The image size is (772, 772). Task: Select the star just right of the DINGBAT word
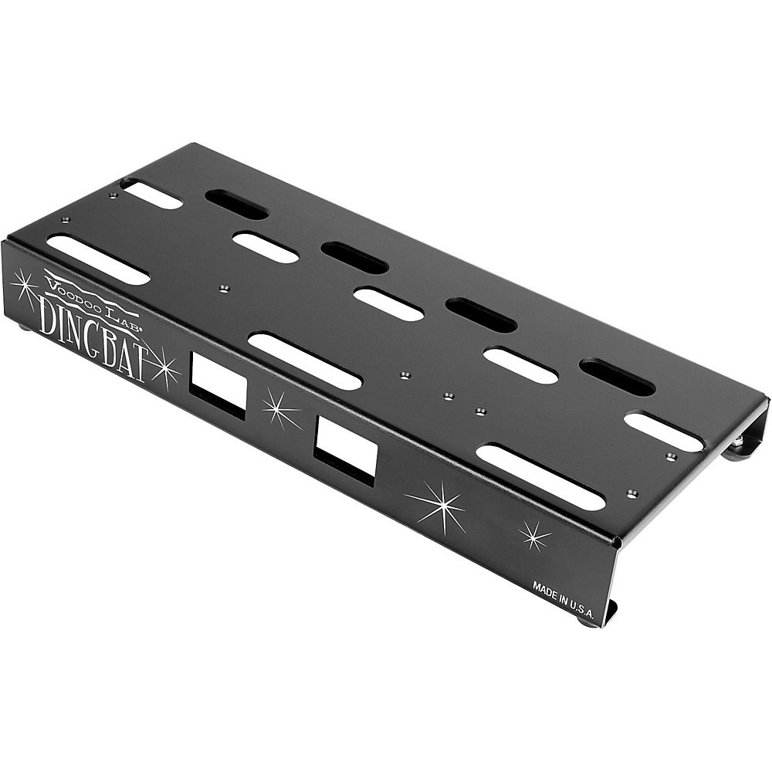[x=163, y=367]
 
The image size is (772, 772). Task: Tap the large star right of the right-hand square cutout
[x=438, y=506]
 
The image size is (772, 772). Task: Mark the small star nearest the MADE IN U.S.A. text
[x=534, y=535]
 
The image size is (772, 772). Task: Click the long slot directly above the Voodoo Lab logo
[x=98, y=259]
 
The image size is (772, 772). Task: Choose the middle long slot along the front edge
[x=305, y=361]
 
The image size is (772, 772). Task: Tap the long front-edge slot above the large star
[x=540, y=476]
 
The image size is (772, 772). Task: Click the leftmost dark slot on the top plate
[x=236, y=204]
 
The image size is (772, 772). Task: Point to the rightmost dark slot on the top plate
[x=617, y=377]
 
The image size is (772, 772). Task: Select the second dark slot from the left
[x=354, y=258]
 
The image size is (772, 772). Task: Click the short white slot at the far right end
[x=663, y=432]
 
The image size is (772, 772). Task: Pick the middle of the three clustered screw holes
[x=448, y=396]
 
